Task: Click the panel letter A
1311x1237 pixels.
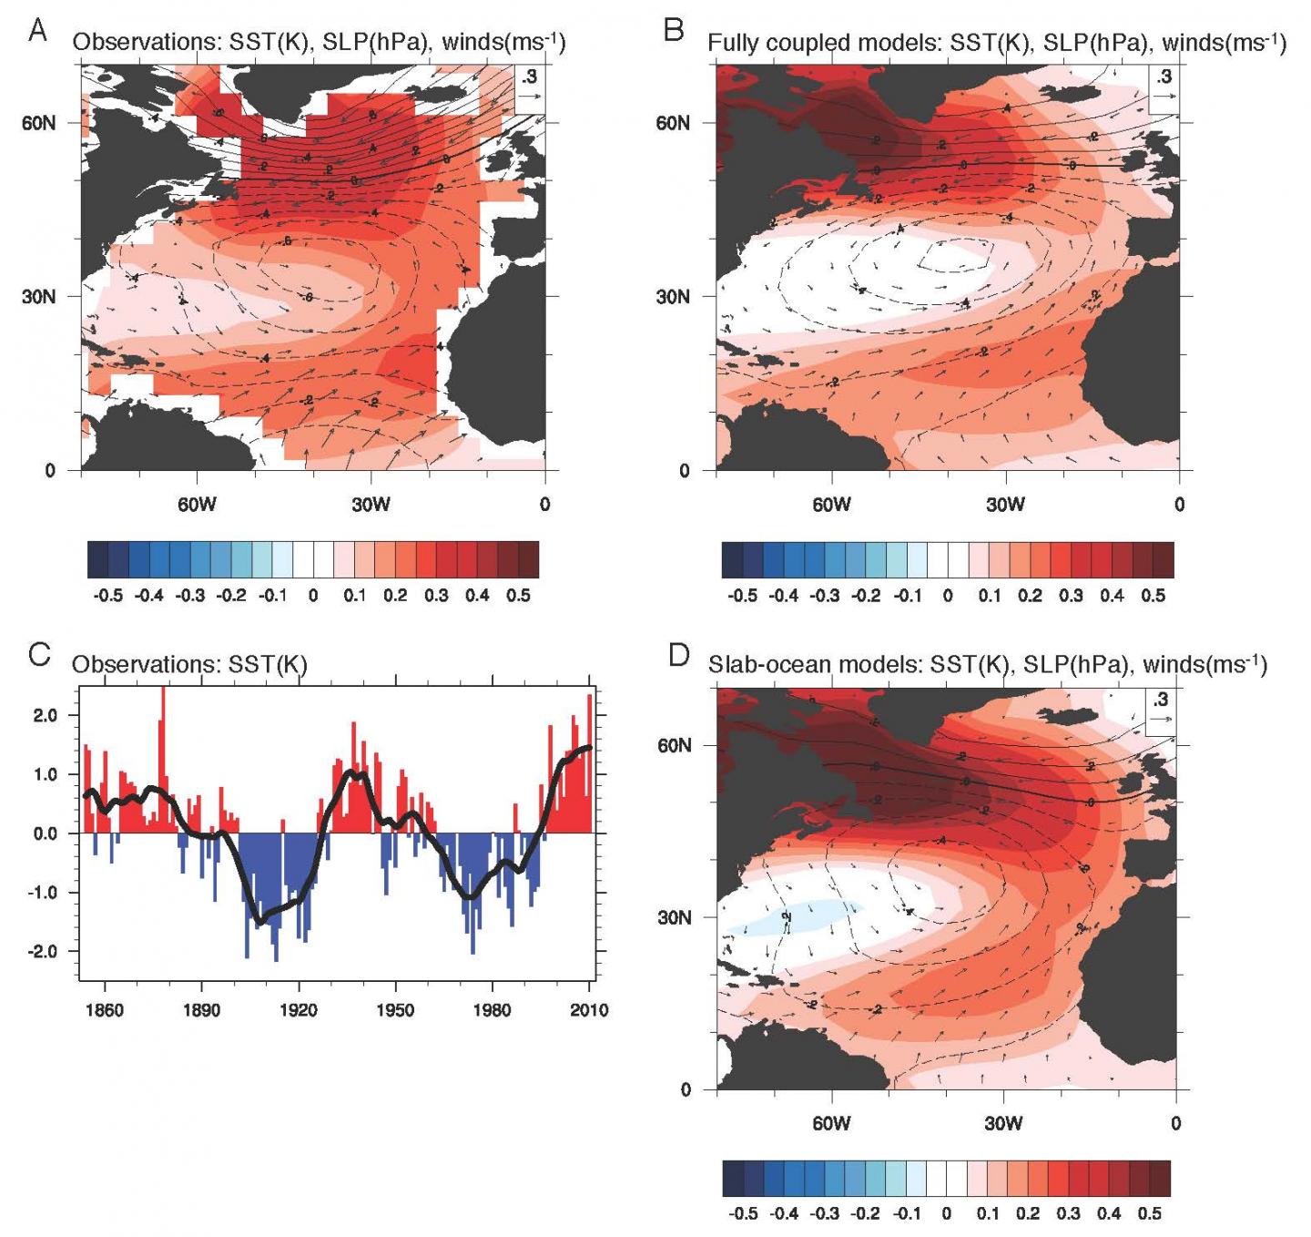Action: click(37, 31)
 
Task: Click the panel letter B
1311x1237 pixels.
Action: click(674, 31)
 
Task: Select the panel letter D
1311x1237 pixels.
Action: click(679, 654)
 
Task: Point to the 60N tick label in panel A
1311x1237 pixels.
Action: click(38, 123)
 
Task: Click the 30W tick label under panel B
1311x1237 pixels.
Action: click(1005, 505)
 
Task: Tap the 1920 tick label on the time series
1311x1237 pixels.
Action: click(299, 1010)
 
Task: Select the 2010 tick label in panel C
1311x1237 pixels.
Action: click(589, 1010)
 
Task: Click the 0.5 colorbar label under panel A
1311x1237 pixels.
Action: click(518, 596)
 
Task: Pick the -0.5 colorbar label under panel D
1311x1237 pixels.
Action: click(743, 1214)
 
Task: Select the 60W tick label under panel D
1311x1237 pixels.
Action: click(831, 1123)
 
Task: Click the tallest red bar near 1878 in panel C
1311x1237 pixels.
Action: click(162, 756)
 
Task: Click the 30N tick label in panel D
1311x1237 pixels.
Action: click(673, 917)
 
